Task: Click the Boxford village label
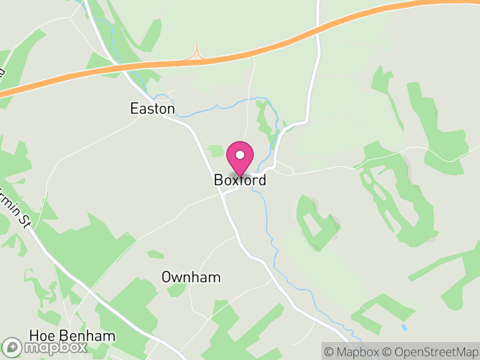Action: pos(239,180)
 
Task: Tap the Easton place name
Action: pos(152,109)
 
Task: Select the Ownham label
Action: pos(191,277)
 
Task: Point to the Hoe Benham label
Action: pos(72,335)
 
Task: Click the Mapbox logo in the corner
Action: pos(45,347)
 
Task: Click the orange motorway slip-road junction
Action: pos(196,55)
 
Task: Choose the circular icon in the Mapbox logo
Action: pos(13,347)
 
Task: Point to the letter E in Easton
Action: pos(134,109)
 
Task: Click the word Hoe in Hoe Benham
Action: pos(41,335)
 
